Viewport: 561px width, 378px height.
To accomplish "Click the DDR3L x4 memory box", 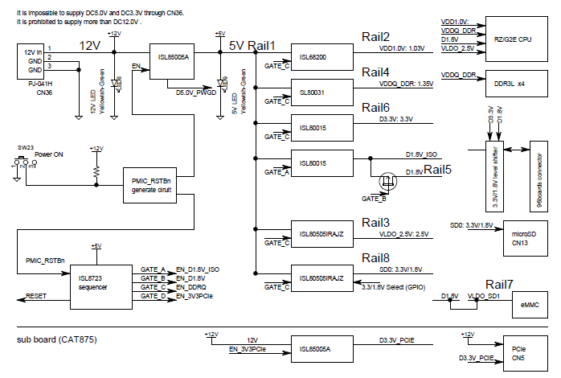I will pyautogui.click(x=511, y=84).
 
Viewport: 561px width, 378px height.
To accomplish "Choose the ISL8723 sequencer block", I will pyautogui.click(x=102, y=285).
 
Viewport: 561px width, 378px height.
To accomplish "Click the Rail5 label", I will pyautogui.click(x=438, y=169).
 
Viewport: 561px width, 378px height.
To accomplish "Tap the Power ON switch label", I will pyautogui.click(x=49, y=154).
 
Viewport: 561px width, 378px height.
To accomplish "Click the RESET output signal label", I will pyautogui.click(x=38, y=296).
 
